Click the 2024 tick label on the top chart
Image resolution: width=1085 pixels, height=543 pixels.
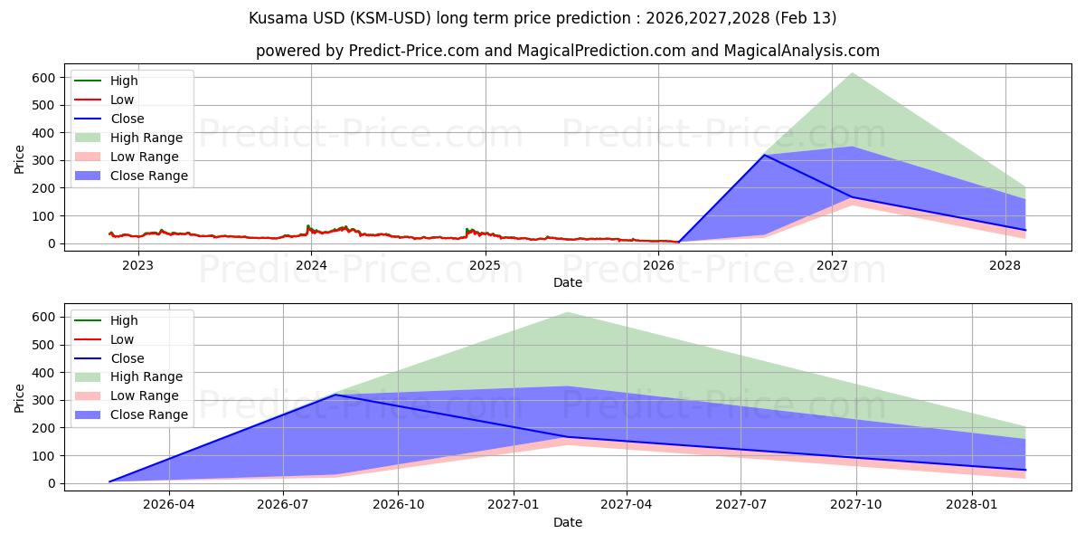311,265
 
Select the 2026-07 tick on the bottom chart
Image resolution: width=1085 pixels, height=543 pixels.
284,505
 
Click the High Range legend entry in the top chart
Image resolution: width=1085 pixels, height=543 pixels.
146,138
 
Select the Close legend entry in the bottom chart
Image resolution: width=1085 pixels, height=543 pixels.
127,358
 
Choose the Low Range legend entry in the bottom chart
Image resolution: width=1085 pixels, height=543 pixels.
144,395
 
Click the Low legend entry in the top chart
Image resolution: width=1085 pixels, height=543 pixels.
122,100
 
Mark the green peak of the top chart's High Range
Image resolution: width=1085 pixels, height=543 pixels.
852,73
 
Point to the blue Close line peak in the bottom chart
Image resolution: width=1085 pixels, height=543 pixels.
335,395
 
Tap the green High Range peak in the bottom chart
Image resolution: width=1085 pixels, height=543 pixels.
567,313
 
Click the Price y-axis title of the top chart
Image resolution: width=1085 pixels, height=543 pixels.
20,160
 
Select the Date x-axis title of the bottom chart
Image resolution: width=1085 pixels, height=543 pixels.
567,522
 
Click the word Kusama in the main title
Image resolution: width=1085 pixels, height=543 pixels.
273,18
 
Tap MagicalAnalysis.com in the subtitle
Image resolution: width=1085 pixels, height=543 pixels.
801,51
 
